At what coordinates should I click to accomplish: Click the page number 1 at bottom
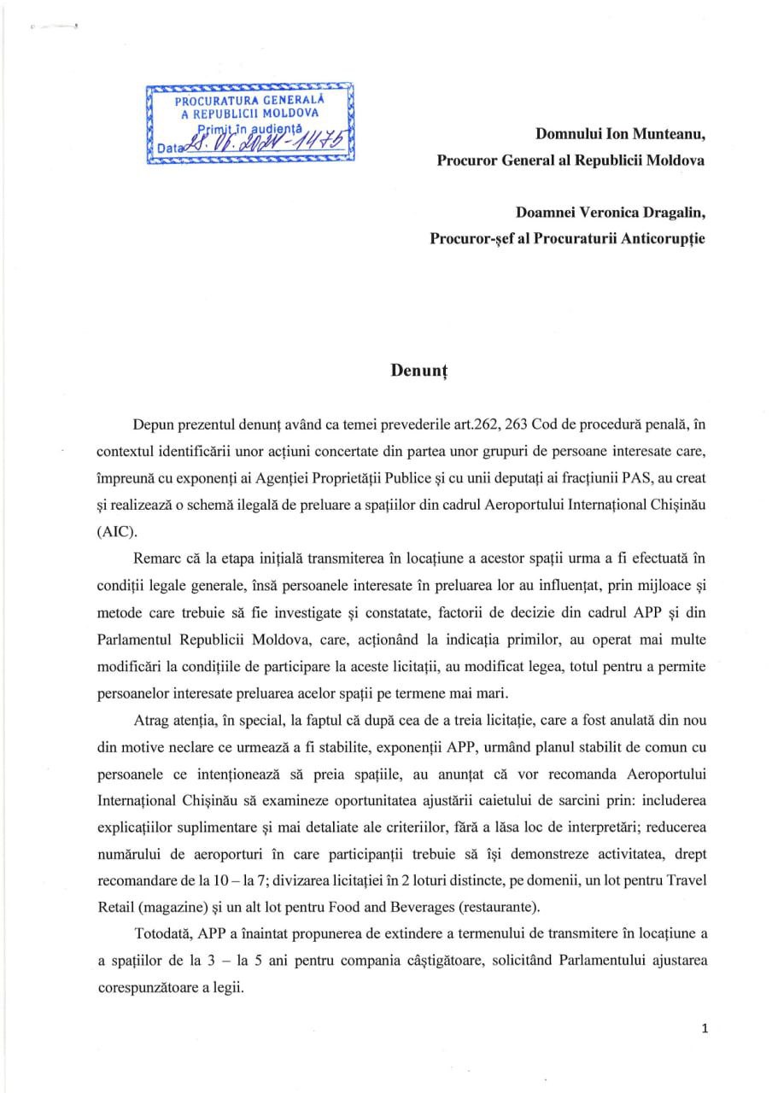[704, 1028]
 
